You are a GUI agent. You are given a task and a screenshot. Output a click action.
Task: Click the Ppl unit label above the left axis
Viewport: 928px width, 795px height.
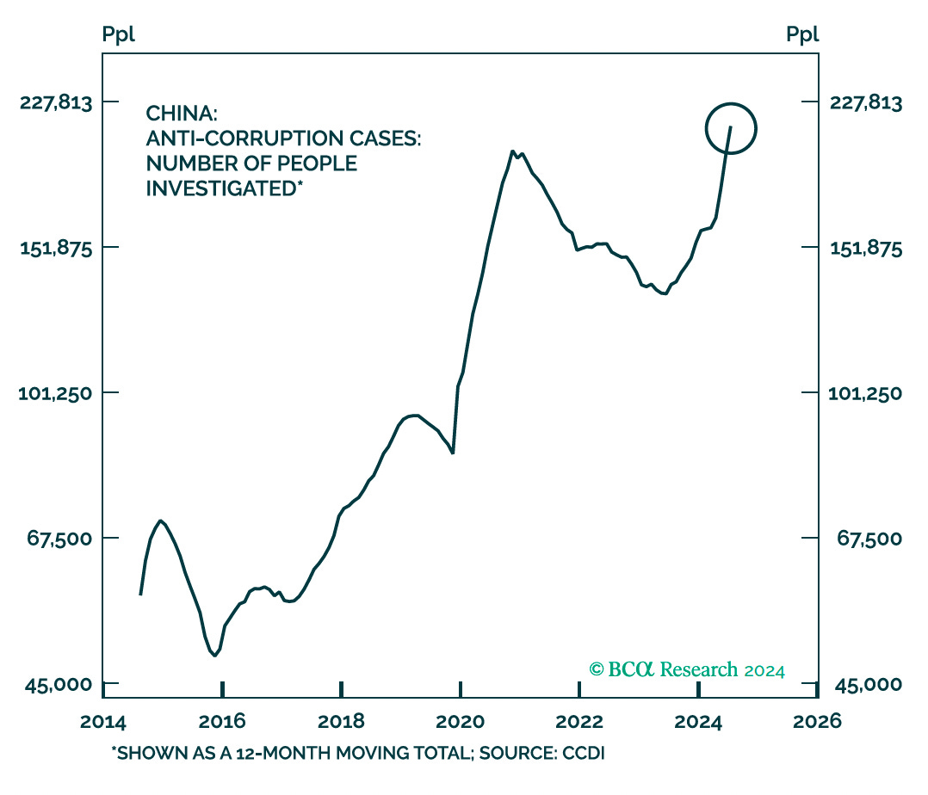(119, 34)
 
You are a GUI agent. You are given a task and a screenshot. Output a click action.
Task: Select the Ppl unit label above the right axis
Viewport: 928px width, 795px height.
(802, 34)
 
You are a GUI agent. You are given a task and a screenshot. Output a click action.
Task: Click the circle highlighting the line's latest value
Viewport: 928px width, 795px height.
(730, 128)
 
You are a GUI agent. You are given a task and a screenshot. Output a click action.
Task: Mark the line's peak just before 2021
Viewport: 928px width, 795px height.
(512, 151)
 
